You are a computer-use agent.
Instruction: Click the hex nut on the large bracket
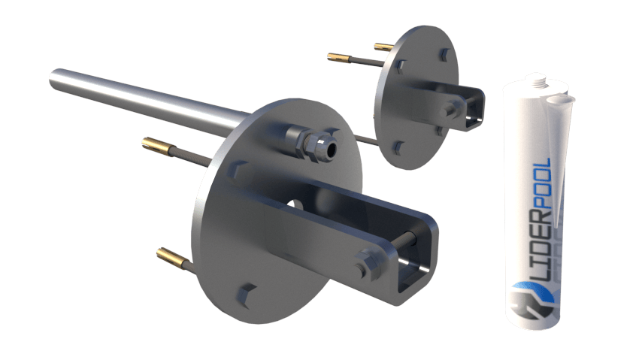pyautogui.click(x=368, y=265)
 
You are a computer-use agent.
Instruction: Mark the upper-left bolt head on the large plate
pyautogui.click(x=238, y=172)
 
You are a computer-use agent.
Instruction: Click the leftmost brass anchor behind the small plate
pyautogui.click(x=340, y=58)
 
